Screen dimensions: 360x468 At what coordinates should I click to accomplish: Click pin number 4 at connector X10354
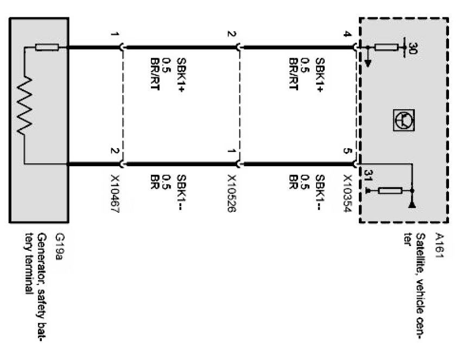point(348,35)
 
